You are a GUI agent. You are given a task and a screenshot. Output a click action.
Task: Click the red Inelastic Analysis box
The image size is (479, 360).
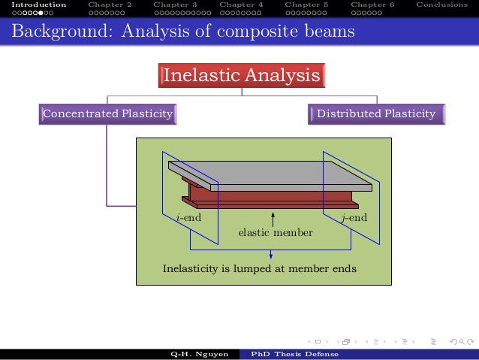(241, 76)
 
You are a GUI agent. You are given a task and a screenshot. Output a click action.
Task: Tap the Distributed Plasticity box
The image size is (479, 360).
(376, 114)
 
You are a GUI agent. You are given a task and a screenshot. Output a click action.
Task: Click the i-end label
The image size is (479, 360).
(188, 219)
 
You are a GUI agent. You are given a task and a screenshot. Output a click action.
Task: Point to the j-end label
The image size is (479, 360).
(354, 219)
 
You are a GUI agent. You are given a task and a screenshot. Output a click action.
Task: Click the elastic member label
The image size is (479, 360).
(275, 233)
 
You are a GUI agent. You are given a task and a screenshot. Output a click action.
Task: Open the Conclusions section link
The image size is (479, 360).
(442, 5)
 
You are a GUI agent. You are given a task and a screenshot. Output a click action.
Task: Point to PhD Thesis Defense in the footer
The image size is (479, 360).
(294, 354)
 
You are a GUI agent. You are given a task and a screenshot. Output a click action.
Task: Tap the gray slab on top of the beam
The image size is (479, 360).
(270, 174)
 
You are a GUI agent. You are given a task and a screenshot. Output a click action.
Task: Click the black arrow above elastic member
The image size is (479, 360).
(273, 218)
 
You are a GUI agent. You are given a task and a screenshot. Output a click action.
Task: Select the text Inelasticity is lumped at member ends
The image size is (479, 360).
(260, 268)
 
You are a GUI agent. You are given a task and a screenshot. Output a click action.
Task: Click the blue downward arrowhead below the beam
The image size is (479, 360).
(270, 256)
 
